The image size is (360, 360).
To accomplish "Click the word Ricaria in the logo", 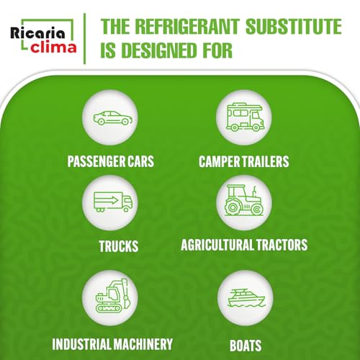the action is pyautogui.click(x=37, y=33).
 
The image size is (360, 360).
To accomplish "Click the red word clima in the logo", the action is pyautogui.click(x=53, y=47).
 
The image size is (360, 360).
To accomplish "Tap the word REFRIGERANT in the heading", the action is pyautogui.click(x=187, y=27).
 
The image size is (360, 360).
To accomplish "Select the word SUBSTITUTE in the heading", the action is pyautogui.click(x=294, y=27).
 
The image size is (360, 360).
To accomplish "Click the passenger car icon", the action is pyautogui.click(x=113, y=118).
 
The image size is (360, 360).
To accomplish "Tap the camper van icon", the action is pyautogui.click(x=245, y=117).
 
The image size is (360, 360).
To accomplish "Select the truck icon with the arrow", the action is pyautogui.click(x=113, y=202).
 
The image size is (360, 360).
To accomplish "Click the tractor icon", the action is pyautogui.click(x=244, y=200).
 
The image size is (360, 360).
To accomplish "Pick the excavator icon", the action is pyautogui.click(x=113, y=296).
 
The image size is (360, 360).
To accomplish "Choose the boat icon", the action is pyautogui.click(x=246, y=298).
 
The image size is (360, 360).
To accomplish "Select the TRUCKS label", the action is pyautogui.click(x=119, y=246).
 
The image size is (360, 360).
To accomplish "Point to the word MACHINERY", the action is pyautogui.click(x=143, y=344).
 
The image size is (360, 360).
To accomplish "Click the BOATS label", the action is pyautogui.click(x=246, y=346).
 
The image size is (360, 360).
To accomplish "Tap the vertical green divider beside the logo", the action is pyautogui.click(x=84, y=39).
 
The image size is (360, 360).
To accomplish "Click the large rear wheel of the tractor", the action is pyautogui.click(x=232, y=207).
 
